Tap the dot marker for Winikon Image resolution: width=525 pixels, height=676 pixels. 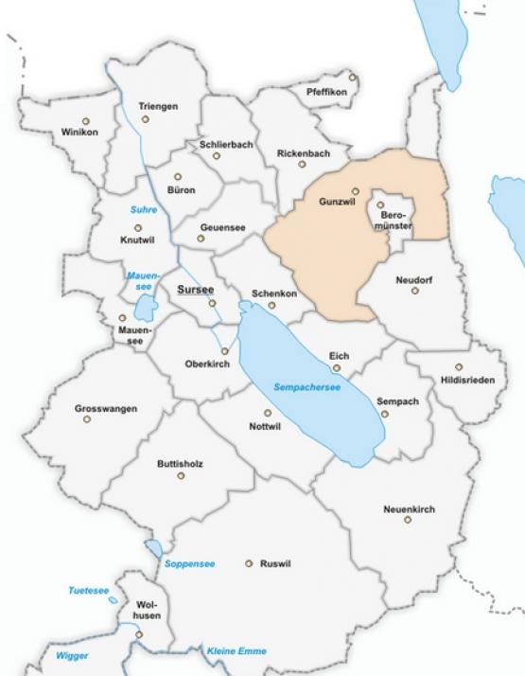pyautogui.click(x=86, y=120)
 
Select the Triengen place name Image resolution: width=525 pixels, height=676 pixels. pyautogui.click(x=158, y=106)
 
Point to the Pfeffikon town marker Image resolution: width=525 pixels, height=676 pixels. pyautogui.click(x=352, y=77)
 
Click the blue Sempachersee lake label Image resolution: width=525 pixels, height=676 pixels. pyautogui.click(x=306, y=388)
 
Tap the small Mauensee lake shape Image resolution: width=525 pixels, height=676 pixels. pyautogui.click(x=144, y=308)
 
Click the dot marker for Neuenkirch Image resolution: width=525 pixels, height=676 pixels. pyautogui.click(x=408, y=520)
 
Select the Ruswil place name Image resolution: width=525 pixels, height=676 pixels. pyautogui.click(x=275, y=563)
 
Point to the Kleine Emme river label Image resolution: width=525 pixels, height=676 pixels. pyautogui.click(x=236, y=651)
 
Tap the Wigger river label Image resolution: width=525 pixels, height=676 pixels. pyautogui.click(x=72, y=655)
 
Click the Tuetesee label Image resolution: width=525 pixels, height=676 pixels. pyautogui.click(x=88, y=591)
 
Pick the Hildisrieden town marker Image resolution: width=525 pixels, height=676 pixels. pyautogui.click(x=459, y=366)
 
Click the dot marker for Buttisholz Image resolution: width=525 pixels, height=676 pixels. pyautogui.click(x=181, y=474)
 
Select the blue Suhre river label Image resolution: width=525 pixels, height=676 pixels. pyautogui.click(x=145, y=209)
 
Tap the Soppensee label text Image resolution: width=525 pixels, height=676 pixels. pyautogui.click(x=189, y=564)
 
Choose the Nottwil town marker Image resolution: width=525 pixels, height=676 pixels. pyautogui.click(x=268, y=413)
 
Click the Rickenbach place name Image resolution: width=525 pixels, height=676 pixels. pyautogui.click(x=303, y=152)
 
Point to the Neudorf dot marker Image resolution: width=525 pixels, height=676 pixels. pyautogui.click(x=414, y=291)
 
